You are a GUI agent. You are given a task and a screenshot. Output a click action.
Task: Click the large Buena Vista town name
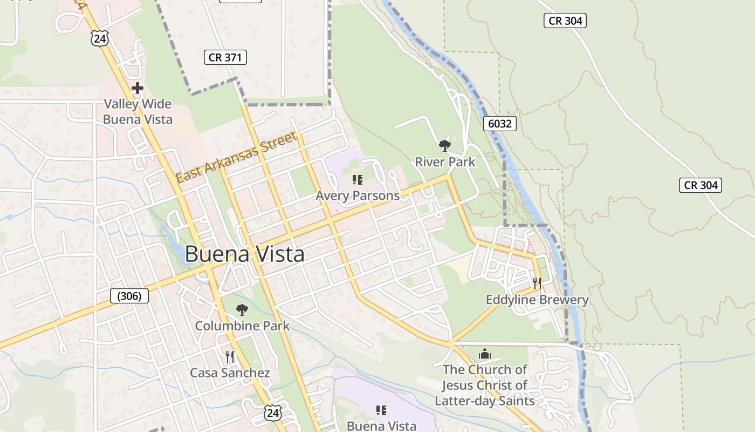[x=244, y=254]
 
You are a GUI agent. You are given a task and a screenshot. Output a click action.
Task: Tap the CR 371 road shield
[x=225, y=57]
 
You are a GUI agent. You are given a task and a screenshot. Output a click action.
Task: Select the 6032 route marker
[x=499, y=124]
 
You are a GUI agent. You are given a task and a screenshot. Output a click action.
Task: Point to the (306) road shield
[x=129, y=296]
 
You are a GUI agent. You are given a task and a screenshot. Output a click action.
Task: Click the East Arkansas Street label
[x=237, y=158]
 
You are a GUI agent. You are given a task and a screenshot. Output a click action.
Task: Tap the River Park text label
[x=445, y=161]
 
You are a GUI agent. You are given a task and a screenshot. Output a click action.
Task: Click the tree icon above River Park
[x=445, y=145]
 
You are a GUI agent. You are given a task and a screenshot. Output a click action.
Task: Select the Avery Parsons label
[x=358, y=195]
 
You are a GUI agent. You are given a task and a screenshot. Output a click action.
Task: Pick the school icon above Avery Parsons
[x=357, y=179]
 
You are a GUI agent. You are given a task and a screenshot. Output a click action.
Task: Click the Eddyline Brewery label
[x=537, y=300]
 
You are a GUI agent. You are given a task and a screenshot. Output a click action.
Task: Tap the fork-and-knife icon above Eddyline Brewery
[x=537, y=283]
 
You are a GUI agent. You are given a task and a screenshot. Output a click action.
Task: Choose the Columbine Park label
[x=242, y=326]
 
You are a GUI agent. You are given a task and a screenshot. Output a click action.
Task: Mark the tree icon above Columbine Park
[x=242, y=309]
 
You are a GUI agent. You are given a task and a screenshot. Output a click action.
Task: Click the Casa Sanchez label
[x=230, y=373]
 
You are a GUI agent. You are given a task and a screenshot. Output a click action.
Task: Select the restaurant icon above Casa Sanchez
[x=230, y=356]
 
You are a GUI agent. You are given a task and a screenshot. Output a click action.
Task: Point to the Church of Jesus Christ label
[x=485, y=385]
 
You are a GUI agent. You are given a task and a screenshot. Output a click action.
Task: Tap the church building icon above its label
[x=485, y=354]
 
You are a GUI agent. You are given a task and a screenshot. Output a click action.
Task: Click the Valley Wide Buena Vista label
[x=138, y=112]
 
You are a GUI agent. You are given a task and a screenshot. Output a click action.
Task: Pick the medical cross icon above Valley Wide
[x=138, y=88]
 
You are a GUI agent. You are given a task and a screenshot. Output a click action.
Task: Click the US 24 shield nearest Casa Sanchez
[x=273, y=413]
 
